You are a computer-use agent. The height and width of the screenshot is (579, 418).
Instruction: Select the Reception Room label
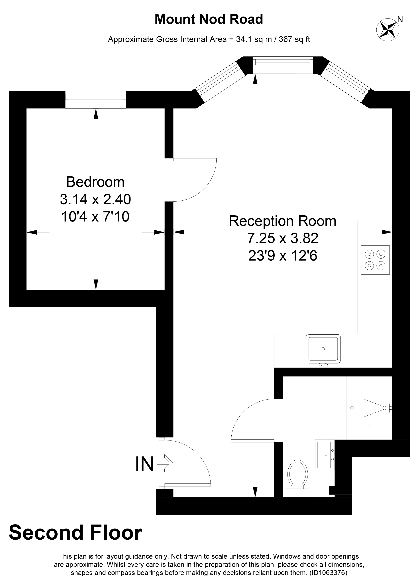point(282,221)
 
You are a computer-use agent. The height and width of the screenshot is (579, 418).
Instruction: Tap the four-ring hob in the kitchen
point(375,260)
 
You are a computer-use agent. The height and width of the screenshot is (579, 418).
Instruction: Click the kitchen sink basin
point(323,349)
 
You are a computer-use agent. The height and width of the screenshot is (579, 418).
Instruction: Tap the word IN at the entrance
point(144,464)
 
